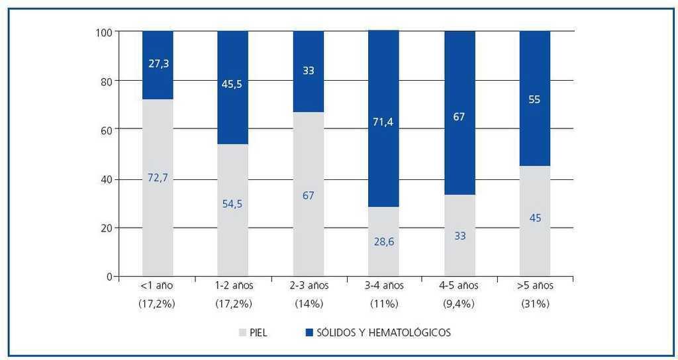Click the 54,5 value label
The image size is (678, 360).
coord(232,203)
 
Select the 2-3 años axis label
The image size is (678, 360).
coord(309,286)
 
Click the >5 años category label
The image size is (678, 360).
coord(535,286)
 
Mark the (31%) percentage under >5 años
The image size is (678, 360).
coord(535,304)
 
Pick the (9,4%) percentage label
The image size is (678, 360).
coord(460,304)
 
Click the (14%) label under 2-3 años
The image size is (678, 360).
coord(309,304)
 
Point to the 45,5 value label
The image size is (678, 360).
coord(232,84)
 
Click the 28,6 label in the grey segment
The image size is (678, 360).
coord(383,243)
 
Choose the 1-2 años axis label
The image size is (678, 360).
coord(233,286)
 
